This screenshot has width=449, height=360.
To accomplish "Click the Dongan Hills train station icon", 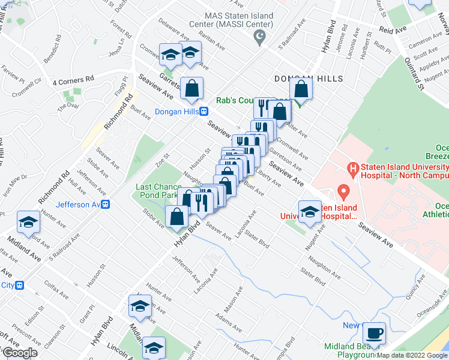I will tap(204, 111).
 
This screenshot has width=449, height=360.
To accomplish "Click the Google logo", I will tap(19, 353).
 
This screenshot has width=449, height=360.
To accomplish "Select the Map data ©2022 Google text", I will tap(412, 355).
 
